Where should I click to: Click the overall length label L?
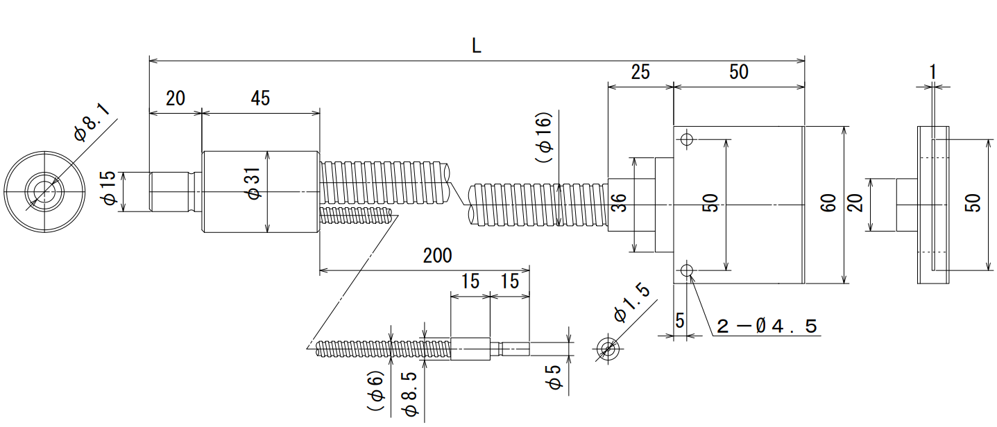476,46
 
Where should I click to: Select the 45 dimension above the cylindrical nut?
260,98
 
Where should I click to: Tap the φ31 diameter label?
253,184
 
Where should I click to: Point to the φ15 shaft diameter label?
109,188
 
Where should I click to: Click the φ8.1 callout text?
92,123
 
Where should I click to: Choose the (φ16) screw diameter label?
544,137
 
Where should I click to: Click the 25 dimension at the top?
640,72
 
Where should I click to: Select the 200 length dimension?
437,256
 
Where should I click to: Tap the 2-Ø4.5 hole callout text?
767,326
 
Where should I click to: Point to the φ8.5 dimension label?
410,394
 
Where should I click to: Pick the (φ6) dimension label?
375,390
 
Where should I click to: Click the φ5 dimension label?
555,377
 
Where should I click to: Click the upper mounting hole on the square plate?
687,139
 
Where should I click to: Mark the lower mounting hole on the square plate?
687,270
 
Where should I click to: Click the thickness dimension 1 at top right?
933,72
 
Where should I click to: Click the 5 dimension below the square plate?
680,320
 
